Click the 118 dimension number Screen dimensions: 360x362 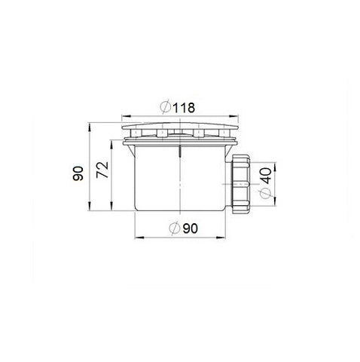coord(184,108)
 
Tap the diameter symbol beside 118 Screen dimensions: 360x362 coord(166,107)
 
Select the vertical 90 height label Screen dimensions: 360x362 coord(78,173)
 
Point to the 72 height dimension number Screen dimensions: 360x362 coord(102,170)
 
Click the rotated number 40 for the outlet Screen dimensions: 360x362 coord(266,176)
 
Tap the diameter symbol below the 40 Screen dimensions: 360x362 coord(265,193)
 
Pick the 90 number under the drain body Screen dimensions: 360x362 coord(190,229)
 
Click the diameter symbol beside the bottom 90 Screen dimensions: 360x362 coord(175,228)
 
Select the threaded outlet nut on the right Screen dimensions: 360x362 coord(241,184)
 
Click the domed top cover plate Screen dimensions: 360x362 coord(180,126)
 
